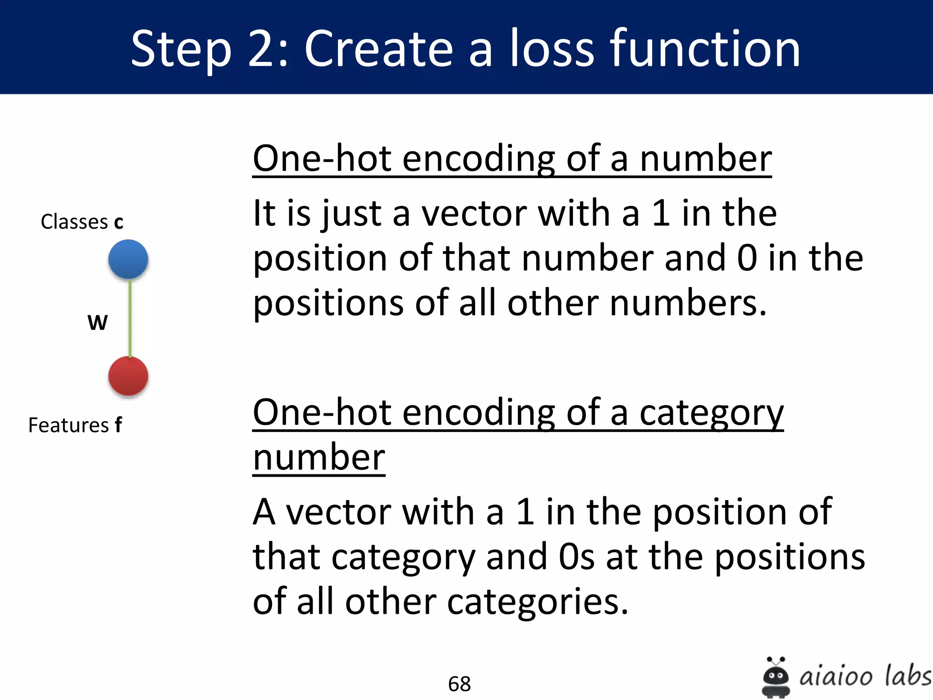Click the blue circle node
[x=128, y=259]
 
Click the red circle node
[x=128, y=376]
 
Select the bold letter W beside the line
[x=97, y=323]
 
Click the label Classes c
[x=82, y=222]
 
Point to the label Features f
[x=75, y=425]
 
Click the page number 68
[x=459, y=684]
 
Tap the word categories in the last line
[x=533, y=602]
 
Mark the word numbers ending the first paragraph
[x=688, y=303]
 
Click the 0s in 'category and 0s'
[x=576, y=557]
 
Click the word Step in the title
[x=181, y=49]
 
